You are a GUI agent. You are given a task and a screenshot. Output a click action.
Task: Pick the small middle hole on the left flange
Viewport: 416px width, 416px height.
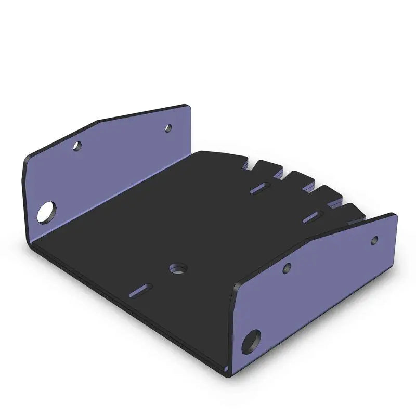click(77, 147)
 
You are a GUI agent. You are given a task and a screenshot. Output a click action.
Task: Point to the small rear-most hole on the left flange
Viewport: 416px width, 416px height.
click(168, 127)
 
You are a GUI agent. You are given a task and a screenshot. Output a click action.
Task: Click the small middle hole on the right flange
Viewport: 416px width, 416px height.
click(287, 268)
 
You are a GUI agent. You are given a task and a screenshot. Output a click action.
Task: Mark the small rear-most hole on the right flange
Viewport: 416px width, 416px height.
click(374, 240)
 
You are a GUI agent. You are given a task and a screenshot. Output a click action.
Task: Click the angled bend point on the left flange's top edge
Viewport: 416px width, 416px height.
click(97, 122)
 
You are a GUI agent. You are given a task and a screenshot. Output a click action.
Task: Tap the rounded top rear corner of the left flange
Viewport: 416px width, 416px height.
click(190, 106)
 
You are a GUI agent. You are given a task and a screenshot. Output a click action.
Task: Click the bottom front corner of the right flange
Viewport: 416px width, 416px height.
click(227, 373)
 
